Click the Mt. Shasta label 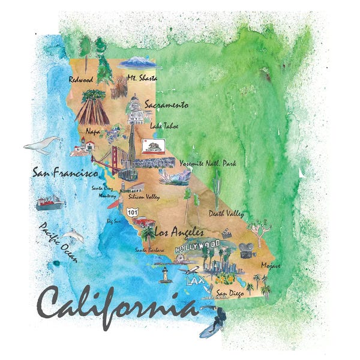[x=142, y=78]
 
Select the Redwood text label [x=81, y=79]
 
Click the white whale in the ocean [x=41, y=145]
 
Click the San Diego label [x=230, y=293]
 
